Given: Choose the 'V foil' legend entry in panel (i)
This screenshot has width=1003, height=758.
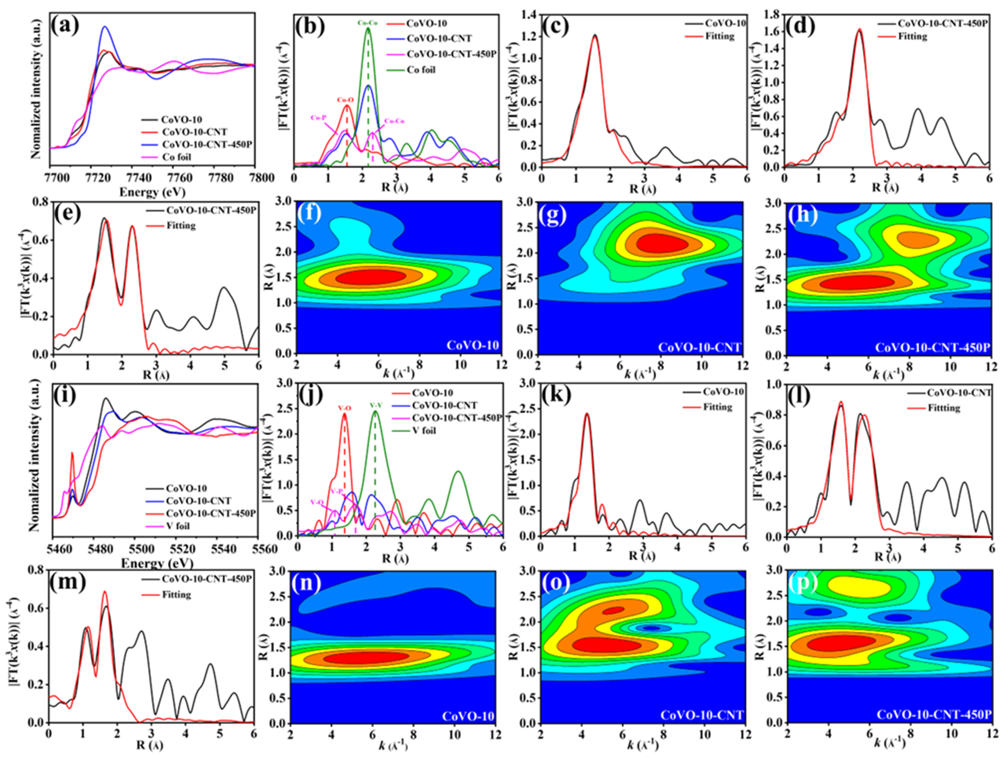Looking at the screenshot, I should (x=178, y=526).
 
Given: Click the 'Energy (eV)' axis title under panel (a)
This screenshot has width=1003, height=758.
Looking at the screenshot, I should (x=152, y=192).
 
